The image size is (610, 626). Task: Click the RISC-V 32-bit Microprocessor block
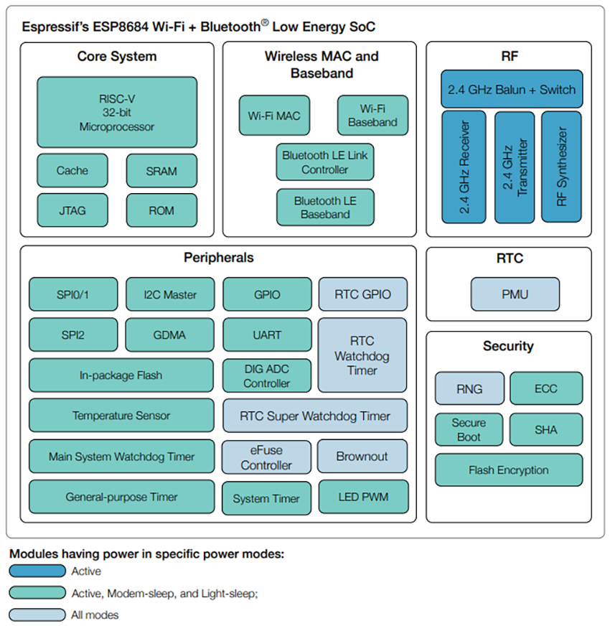(x=117, y=113)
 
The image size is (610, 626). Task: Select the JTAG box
(x=72, y=210)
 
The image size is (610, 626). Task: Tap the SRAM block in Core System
(x=161, y=171)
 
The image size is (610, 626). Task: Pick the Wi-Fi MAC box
(x=274, y=116)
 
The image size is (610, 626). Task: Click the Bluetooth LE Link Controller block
(x=325, y=162)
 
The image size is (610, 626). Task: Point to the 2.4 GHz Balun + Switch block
(x=511, y=90)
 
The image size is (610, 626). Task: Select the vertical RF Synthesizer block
(x=562, y=167)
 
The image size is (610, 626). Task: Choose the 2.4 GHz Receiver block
(x=463, y=167)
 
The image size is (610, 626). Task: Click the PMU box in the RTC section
(x=515, y=294)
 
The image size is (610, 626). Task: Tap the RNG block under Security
(x=469, y=389)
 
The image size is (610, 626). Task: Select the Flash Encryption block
(x=508, y=470)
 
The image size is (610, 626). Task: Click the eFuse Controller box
(x=266, y=457)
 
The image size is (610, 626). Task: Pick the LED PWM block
(x=362, y=497)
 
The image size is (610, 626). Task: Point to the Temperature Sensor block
(x=121, y=416)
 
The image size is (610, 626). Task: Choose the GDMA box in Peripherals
(x=169, y=335)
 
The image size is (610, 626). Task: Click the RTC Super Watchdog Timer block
(x=315, y=416)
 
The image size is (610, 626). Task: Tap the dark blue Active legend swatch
(x=37, y=571)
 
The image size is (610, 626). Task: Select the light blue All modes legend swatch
(x=37, y=615)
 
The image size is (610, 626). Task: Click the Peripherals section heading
(x=218, y=258)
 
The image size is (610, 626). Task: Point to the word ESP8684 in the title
(x=120, y=27)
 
